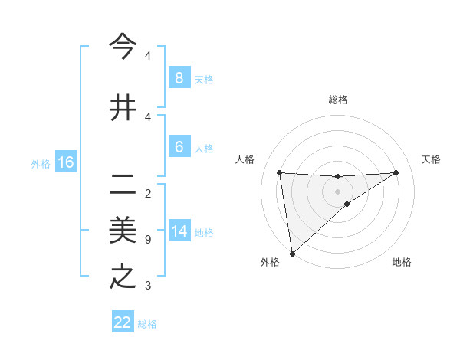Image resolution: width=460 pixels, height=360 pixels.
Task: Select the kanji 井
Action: click(123, 107)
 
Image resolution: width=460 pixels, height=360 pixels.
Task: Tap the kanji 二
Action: click(123, 184)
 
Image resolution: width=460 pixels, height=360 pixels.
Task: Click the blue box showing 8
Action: click(179, 77)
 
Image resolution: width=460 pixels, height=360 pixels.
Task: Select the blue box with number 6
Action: click(179, 147)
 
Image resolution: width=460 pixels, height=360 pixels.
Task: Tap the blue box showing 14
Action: click(179, 231)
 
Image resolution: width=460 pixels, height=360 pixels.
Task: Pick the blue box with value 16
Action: click(65, 162)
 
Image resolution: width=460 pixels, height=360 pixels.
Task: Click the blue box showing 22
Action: click(123, 322)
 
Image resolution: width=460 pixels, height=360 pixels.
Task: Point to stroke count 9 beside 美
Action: click(148, 240)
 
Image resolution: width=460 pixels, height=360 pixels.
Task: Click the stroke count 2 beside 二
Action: click(148, 193)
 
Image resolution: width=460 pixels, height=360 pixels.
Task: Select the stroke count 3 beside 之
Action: click(148, 286)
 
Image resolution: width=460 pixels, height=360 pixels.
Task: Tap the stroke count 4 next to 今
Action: click(148, 56)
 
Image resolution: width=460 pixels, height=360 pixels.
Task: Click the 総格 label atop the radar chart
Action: click(337, 100)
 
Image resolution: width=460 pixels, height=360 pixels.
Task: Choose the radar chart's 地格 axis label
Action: click(402, 262)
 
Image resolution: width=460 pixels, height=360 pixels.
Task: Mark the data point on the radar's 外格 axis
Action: click(291, 253)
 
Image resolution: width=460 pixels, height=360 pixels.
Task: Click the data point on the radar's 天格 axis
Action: click(396, 172)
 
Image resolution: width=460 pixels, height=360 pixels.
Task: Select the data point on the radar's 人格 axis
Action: click(279, 172)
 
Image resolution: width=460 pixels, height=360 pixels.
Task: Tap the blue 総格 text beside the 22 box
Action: click(147, 324)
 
